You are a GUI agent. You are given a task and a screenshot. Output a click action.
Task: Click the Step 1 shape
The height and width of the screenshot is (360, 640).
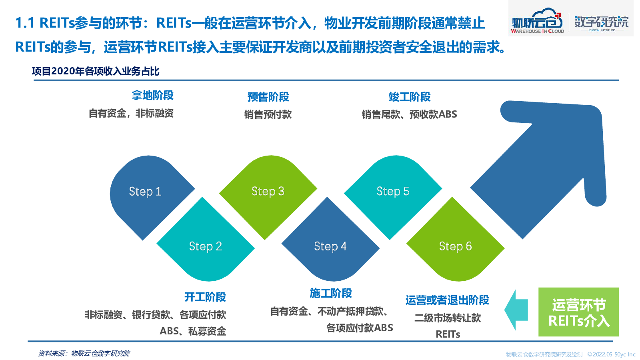[x=148, y=194]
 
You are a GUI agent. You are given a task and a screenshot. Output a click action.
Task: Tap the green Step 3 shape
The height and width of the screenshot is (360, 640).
[x=268, y=194]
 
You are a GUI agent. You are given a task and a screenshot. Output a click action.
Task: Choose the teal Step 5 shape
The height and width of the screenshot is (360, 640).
[x=393, y=194]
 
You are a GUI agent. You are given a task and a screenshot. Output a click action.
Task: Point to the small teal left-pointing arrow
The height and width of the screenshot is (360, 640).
[x=516, y=310]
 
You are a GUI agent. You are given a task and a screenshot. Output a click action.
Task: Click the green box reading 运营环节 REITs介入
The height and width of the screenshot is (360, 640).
[x=578, y=312]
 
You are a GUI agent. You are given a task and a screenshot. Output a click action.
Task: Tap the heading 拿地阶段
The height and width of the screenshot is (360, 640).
[x=152, y=96]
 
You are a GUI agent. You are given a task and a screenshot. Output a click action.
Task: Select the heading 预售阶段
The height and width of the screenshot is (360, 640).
[x=268, y=97]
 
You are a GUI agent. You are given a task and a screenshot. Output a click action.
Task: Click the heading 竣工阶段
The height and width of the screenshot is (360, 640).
[x=410, y=97]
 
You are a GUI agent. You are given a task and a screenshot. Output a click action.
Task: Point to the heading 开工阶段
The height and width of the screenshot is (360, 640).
[x=205, y=297]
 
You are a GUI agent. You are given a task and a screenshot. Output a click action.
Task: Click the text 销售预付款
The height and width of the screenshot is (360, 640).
[x=268, y=114]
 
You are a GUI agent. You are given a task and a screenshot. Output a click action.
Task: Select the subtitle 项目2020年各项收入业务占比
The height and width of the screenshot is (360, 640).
[x=96, y=71]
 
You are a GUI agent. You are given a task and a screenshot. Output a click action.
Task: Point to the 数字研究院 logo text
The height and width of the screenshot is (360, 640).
[x=602, y=22]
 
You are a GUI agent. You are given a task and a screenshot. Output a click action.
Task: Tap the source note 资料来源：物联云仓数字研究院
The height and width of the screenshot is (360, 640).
[x=84, y=354]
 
